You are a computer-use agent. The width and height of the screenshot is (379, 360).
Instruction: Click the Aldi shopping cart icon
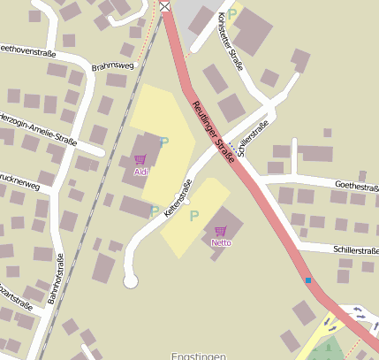[140, 160]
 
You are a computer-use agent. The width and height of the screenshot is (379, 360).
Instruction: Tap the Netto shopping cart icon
[221, 230]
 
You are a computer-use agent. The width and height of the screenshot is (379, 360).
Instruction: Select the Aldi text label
[140, 172]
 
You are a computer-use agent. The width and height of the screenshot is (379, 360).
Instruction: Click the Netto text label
[221, 241]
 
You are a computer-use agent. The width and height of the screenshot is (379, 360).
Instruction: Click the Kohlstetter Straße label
[229, 34]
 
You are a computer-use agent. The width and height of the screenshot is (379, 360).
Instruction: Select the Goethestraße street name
[355, 187]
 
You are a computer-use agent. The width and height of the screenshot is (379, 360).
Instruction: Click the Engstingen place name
[201, 355]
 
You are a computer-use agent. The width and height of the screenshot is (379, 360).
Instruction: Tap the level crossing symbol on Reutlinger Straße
[165, 7]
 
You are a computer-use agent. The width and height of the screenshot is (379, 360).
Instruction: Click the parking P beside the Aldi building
[163, 142]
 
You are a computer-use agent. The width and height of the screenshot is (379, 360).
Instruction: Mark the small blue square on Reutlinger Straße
[308, 280]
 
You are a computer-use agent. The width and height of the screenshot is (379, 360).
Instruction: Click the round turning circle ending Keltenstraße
[131, 281]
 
